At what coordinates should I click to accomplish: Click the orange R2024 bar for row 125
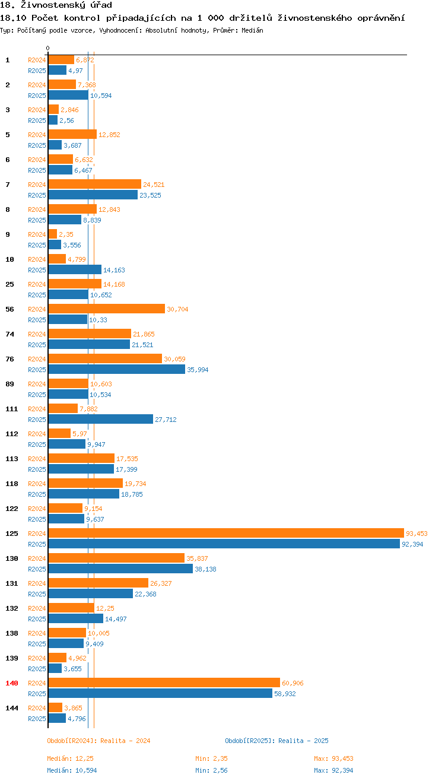(x=225, y=533)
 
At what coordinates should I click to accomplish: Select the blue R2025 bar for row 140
(x=160, y=693)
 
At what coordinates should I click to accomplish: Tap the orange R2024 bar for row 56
(x=106, y=309)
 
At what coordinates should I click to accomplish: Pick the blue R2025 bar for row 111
(x=100, y=419)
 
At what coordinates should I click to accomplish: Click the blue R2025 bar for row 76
(x=116, y=369)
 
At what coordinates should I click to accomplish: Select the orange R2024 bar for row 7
(x=94, y=184)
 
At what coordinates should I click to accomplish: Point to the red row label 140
(x=12, y=683)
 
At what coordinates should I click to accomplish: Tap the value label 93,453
(x=417, y=534)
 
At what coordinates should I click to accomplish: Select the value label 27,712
(x=166, y=420)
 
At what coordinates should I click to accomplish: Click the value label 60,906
(x=293, y=683)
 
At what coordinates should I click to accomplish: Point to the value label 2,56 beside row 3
(x=66, y=120)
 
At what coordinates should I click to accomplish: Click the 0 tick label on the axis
(x=48, y=49)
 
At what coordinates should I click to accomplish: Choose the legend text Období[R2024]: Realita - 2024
(x=98, y=741)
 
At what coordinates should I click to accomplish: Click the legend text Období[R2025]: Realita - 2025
(x=276, y=741)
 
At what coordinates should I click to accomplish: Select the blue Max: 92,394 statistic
(x=333, y=770)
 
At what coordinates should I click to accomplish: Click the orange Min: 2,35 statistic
(x=211, y=758)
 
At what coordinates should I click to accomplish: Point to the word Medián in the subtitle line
(x=253, y=30)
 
